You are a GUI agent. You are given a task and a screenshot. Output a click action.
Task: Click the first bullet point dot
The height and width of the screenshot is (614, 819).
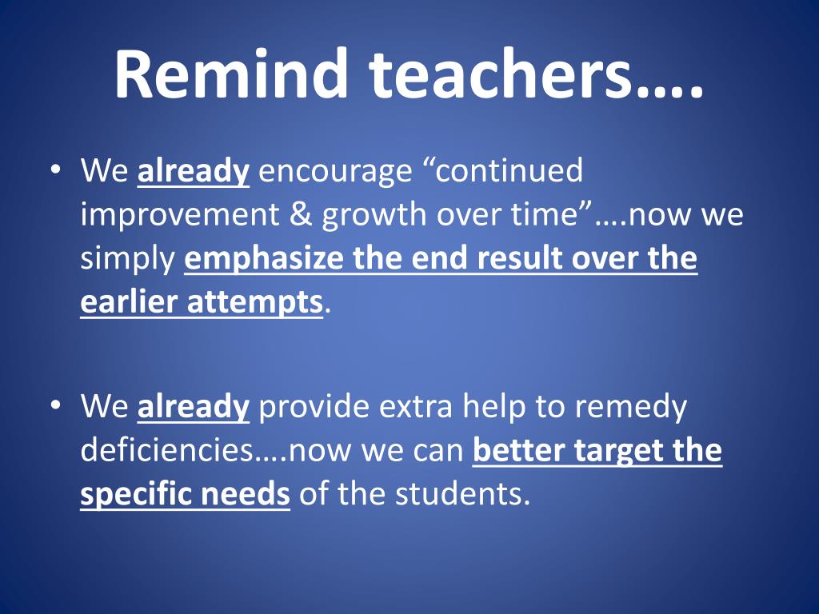[56, 170]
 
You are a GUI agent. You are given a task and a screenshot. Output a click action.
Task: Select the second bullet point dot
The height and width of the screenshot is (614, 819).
[56, 406]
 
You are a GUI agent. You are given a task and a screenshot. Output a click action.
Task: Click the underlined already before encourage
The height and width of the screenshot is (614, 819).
[194, 171]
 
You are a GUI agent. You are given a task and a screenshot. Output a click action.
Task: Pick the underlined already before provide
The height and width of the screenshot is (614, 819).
[194, 407]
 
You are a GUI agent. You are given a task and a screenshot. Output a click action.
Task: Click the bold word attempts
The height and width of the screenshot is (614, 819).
[254, 303]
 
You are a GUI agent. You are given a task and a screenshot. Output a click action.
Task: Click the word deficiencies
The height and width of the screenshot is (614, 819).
[168, 449]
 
